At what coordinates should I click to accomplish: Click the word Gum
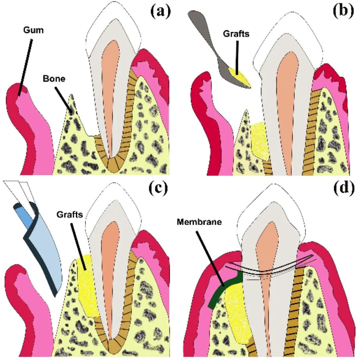33,30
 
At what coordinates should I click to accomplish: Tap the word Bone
54,79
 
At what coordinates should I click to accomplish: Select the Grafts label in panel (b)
236,33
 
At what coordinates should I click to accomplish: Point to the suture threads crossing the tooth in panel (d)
270,271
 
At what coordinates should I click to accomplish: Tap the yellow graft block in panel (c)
87,285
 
